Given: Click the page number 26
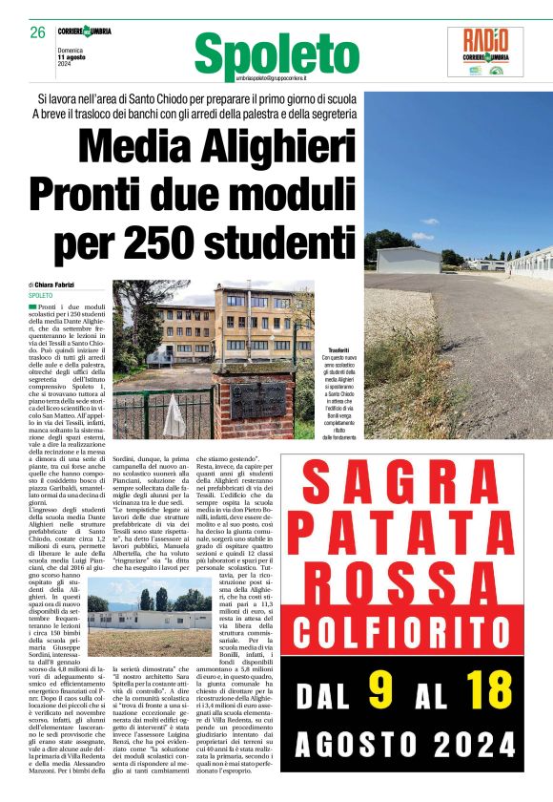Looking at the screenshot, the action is (x=37, y=32).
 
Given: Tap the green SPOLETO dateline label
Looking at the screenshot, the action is (x=40, y=296).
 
